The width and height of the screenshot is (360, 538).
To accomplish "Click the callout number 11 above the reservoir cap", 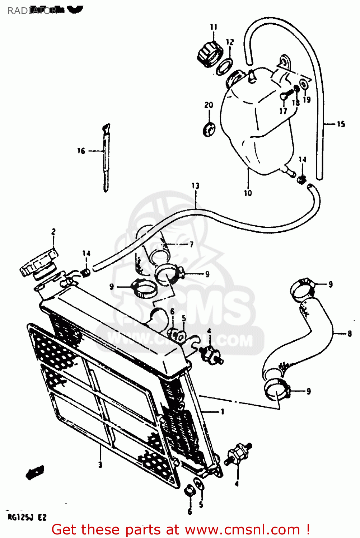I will click(214, 27).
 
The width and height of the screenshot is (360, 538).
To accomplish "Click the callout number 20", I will click(209, 105).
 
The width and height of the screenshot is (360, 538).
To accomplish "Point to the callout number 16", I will click(81, 151).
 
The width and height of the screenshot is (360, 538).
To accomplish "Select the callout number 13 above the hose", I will click(195, 186).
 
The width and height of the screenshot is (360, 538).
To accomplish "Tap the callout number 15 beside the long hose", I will click(341, 124).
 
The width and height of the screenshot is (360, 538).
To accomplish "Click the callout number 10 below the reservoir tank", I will click(248, 193).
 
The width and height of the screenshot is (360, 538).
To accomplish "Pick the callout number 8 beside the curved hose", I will click(349, 334).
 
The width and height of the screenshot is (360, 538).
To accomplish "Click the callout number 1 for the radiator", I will click(222, 411).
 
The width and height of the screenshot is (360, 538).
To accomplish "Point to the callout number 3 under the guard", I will click(100, 465).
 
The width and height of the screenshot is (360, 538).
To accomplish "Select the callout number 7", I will click(192, 244).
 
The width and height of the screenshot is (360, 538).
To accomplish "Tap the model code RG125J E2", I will click(27, 517).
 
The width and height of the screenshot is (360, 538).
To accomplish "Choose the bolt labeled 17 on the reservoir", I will click(284, 96).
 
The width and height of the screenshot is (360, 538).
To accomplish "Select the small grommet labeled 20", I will click(209, 129).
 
